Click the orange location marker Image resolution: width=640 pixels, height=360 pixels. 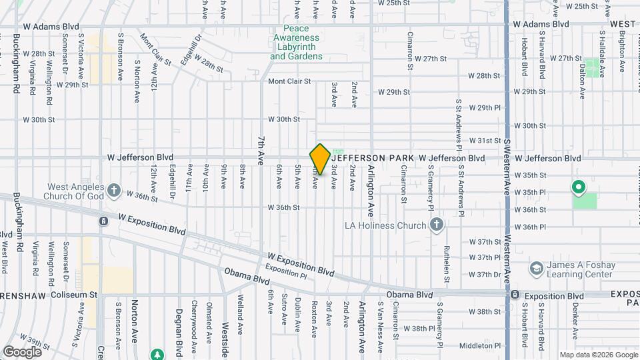click(320, 159)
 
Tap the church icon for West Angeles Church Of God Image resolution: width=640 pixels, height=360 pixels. click(114, 191)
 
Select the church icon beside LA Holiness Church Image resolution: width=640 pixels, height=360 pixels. click(436, 225)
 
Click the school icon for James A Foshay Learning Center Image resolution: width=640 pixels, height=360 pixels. click(535, 269)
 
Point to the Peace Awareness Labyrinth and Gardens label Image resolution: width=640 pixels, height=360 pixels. click(296, 43)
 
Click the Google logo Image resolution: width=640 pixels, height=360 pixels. click(22, 351)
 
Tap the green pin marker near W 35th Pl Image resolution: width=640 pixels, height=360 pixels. click(579, 187)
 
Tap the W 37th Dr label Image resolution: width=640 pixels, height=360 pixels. click(485, 274)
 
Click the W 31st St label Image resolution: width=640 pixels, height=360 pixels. click(485, 141)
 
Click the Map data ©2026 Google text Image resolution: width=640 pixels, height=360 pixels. click(599, 355)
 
